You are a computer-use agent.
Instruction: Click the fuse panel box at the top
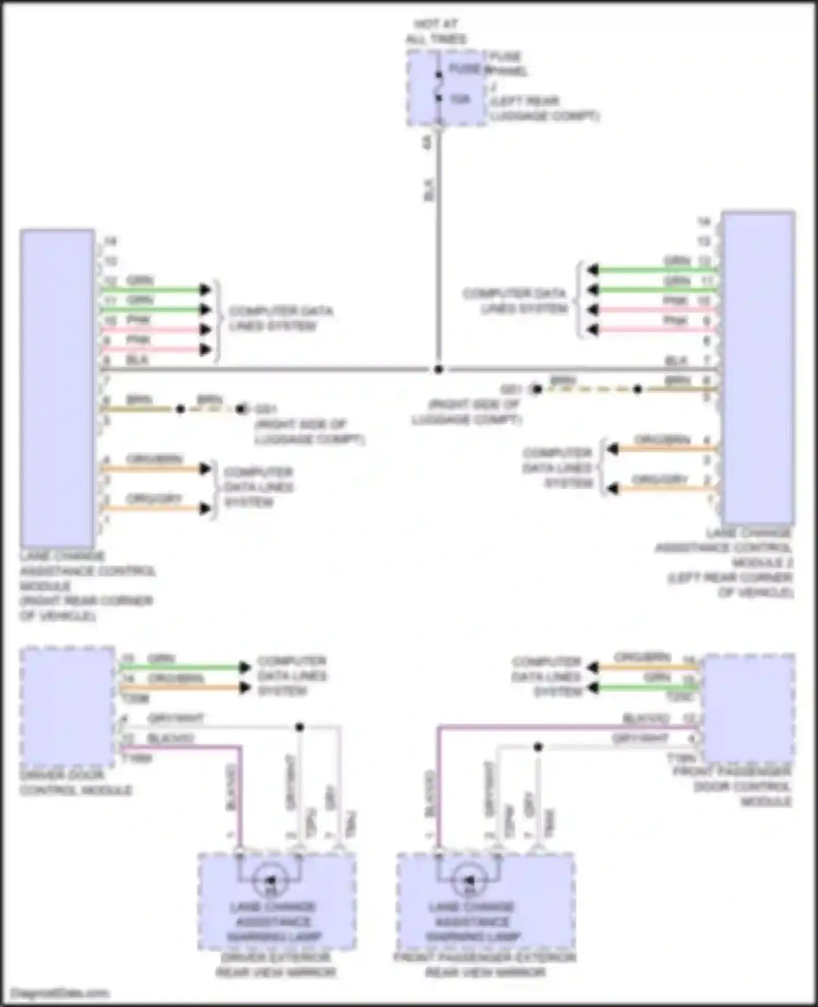[x=446, y=88]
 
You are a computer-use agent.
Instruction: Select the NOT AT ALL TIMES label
[x=436, y=32]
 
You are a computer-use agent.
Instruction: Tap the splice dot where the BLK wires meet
[x=438, y=369]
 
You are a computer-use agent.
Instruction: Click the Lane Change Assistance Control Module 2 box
[x=757, y=367]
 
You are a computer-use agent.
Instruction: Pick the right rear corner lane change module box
[x=57, y=388]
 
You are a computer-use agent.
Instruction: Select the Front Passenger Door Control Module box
[x=749, y=708]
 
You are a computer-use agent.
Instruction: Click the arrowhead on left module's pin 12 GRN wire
[x=205, y=290]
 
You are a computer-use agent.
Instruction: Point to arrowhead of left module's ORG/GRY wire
[x=205, y=509]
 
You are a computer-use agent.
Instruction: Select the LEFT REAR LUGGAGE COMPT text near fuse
[x=544, y=109]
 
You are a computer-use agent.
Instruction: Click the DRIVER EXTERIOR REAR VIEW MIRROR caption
[x=276, y=965]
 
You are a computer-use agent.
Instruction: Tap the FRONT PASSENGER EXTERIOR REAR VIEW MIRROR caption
[x=484, y=965]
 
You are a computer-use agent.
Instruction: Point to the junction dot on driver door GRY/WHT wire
[x=299, y=727]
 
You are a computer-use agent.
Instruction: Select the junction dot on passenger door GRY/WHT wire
[x=538, y=747]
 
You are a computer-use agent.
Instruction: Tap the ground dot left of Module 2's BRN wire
[x=537, y=389]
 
